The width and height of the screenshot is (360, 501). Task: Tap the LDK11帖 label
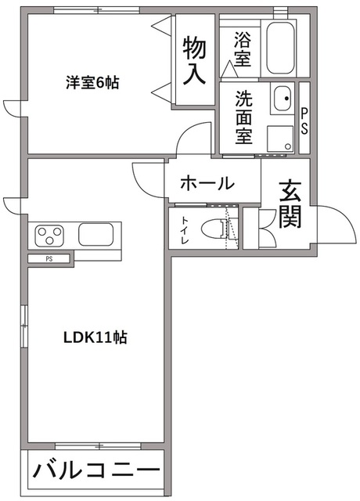(x=95, y=338)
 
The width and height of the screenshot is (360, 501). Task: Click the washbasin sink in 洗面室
(x=280, y=100)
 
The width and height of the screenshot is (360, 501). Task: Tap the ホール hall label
(x=207, y=184)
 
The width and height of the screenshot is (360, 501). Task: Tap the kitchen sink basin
(x=99, y=235)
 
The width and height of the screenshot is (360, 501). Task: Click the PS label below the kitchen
(x=49, y=258)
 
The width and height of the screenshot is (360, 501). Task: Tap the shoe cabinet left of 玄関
(x=250, y=228)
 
